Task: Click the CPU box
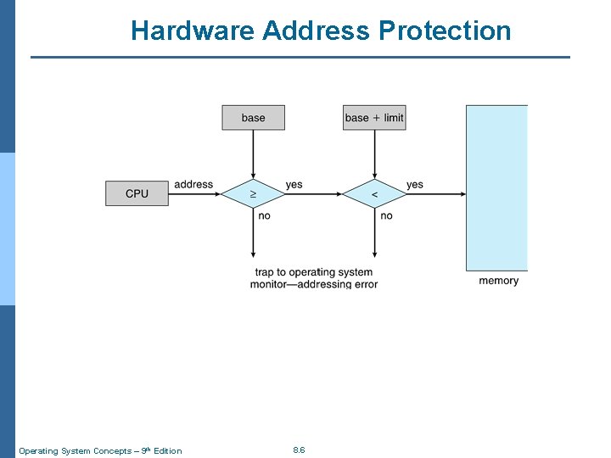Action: click(137, 193)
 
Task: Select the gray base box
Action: click(253, 118)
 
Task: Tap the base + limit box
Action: click(374, 118)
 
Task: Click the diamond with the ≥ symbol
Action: click(253, 194)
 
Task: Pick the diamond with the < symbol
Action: click(374, 194)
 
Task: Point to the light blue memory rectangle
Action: click(496, 187)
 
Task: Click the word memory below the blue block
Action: click(498, 281)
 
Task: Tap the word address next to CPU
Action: click(193, 184)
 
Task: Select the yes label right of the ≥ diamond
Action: click(294, 184)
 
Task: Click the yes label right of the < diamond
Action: click(414, 184)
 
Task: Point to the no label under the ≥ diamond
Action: click(264, 215)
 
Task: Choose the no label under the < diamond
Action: click(386, 215)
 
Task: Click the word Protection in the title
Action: click(445, 31)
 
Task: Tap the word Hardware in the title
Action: click(193, 31)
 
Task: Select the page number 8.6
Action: click(299, 450)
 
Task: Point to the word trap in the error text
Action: click(265, 272)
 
